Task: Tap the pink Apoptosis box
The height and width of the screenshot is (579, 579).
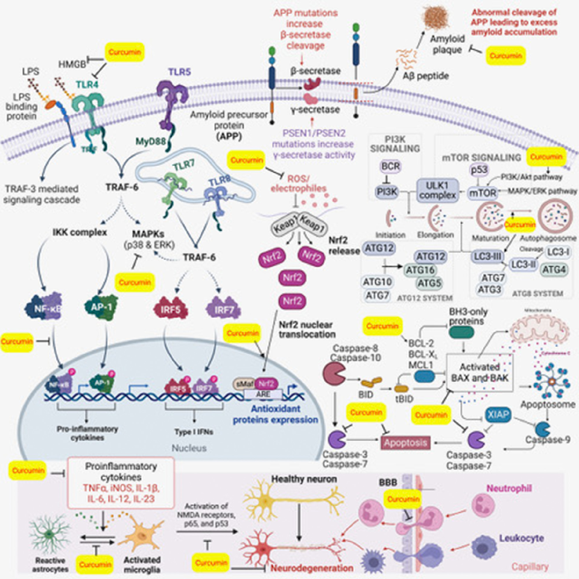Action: (x=405, y=443)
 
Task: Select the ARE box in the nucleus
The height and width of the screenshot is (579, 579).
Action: (x=263, y=393)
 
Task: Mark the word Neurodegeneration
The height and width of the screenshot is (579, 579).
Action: (x=311, y=568)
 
